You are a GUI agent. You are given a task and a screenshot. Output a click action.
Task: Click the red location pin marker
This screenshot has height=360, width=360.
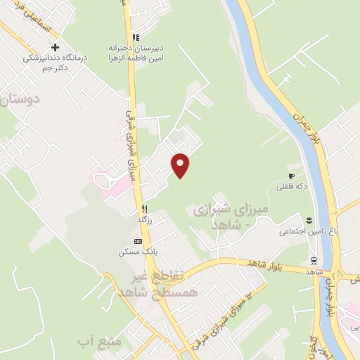click(181, 165)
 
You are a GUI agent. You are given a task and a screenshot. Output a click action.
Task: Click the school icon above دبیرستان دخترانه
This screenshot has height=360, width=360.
click(136, 37)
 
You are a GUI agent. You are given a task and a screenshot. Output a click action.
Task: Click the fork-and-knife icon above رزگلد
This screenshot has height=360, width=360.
click(143, 208)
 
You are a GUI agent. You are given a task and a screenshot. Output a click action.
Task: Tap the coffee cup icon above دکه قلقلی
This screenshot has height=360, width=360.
click(291, 176)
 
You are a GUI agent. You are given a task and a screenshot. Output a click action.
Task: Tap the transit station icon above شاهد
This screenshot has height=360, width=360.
click(313, 260)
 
